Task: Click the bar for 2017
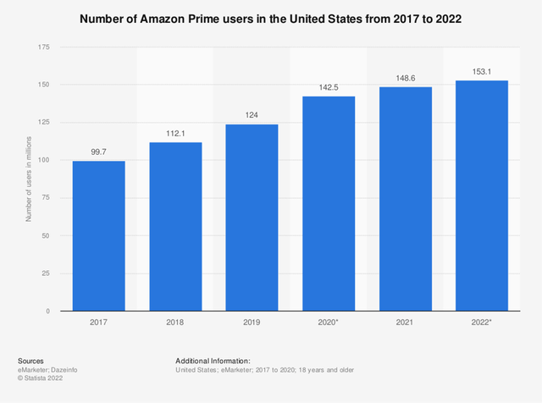point(98,236)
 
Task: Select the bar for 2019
point(252,218)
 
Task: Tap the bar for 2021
point(405,199)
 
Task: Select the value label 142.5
point(329,89)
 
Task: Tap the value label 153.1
point(482,73)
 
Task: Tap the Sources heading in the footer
point(30,361)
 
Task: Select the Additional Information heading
point(213,361)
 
